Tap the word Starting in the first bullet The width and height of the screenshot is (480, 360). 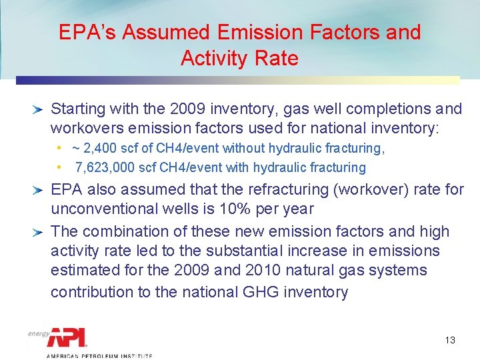tap(77, 108)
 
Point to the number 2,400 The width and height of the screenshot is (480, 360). tap(99, 148)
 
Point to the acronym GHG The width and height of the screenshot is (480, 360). tap(236, 292)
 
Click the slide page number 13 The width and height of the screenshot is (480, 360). tap(449, 340)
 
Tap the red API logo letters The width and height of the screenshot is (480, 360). tap(67, 337)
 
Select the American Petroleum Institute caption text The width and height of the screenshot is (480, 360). tap(99, 356)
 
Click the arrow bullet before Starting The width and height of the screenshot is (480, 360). tap(39, 108)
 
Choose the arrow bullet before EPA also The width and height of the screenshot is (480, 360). tap(39, 190)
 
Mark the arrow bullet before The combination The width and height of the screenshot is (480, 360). tap(39, 232)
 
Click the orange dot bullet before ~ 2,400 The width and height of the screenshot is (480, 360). tap(59, 148)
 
